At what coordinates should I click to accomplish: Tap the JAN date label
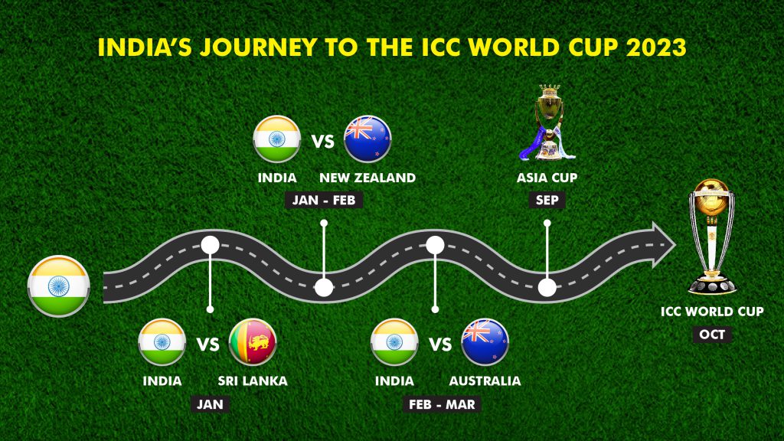(210, 404)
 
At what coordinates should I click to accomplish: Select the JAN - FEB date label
(324, 200)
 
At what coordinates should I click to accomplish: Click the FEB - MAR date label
(442, 404)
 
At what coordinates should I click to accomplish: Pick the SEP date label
(547, 200)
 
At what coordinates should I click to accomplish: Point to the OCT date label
(712, 334)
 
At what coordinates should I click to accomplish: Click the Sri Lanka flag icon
(253, 342)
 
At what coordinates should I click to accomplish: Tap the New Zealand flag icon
(367, 139)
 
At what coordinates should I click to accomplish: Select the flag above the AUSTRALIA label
(485, 342)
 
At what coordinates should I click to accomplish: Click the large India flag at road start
(58, 286)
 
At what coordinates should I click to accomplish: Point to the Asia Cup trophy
(547, 122)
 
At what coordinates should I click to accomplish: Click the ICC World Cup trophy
(712, 237)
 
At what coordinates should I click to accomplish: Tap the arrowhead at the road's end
(662, 245)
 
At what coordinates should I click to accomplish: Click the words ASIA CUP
(547, 178)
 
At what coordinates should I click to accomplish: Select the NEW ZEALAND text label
(367, 178)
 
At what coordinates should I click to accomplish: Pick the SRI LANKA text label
(253, 381)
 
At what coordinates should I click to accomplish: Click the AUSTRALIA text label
(485, 381)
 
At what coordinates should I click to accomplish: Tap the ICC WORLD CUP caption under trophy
(712, 312)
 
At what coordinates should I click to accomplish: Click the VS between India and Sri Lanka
(207, 345)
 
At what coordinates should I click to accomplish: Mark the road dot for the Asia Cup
(547, 288)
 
